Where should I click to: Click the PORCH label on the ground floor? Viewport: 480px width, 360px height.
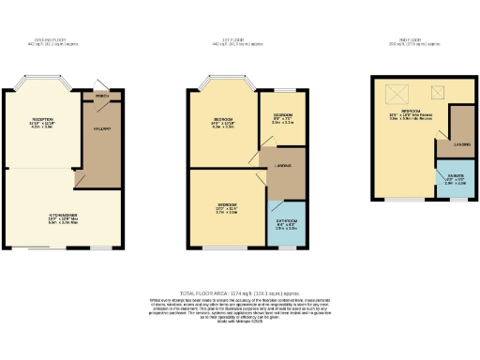pos(101,95)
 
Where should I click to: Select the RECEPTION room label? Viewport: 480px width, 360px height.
pos(43,120)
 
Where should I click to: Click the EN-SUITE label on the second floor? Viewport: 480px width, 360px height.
pos(454,178)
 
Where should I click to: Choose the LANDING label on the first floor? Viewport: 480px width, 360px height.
pos(281,168)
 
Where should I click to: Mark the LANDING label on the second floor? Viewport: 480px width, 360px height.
pos(462,144)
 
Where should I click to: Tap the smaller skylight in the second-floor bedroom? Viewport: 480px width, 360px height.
pos(437,91)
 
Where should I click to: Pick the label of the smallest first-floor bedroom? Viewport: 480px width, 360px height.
pos(282,115)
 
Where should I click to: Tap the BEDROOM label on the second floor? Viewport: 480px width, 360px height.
pos(409,110)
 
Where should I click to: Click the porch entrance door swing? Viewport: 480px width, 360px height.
pos(107,84)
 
